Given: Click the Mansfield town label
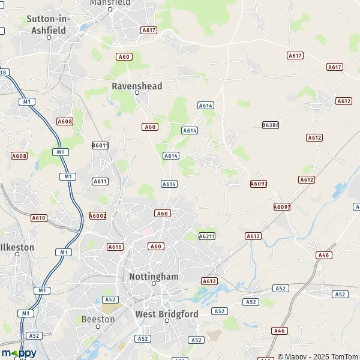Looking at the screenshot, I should point(110,2).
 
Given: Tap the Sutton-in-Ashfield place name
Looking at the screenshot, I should point(49,23).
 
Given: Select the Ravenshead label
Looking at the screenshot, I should point(137,86).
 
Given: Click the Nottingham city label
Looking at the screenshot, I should point(154,277).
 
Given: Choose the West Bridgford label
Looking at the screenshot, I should point(167,314).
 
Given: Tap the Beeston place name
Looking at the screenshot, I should point(97,319).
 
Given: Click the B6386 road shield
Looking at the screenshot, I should point(271,125).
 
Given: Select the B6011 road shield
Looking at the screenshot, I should point(100,145).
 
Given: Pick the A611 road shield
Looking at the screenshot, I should point(100,181).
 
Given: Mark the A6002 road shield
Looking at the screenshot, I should point(98,215).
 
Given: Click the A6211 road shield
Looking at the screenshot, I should point(206,236).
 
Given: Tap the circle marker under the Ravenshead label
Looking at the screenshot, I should point(137,93).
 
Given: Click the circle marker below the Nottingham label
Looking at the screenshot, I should point(154,290).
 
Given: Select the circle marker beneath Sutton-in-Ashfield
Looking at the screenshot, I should point(49,37).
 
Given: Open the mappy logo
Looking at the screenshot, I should point(19,353).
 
